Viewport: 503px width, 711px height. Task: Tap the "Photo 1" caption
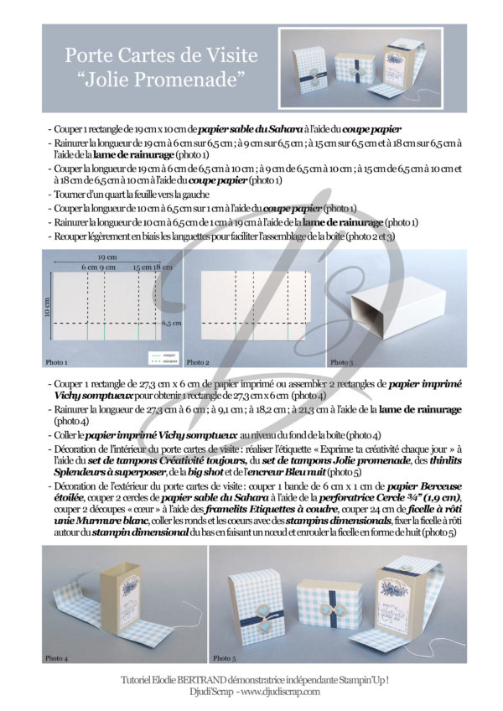pos(56,362)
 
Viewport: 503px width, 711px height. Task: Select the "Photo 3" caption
pos(341,362)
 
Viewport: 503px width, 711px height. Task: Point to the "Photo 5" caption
pos(224,657)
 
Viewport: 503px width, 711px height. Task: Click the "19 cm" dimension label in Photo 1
pos(106,258)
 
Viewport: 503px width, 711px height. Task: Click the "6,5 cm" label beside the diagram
pos(172,322)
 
